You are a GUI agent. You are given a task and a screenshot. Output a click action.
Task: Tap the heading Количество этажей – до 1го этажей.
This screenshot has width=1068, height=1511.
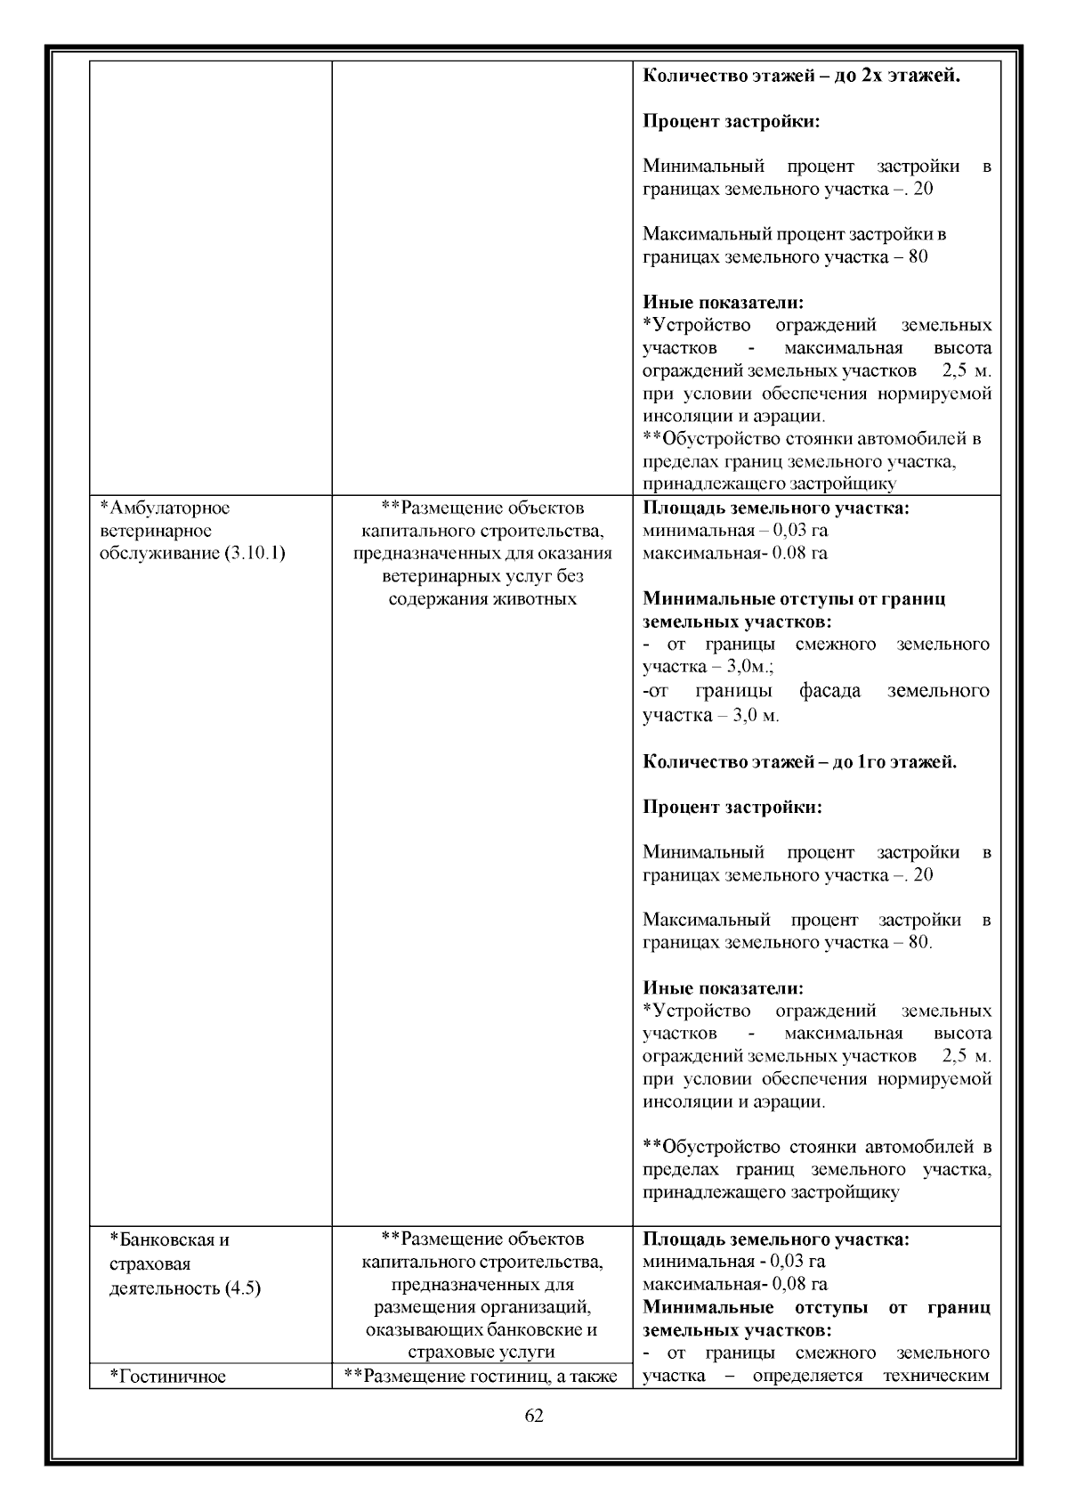point(799,762)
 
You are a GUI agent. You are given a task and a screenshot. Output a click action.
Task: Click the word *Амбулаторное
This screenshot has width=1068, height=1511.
point(165,508)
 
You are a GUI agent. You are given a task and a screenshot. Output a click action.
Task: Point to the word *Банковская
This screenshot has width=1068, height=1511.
point(169,1239)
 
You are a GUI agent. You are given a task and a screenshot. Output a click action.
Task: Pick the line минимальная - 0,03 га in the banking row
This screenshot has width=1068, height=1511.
point(733,1262)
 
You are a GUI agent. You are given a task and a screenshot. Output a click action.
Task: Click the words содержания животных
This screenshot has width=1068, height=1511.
point(482,598)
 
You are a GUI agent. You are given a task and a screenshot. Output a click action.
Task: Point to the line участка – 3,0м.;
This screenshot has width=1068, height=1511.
point(708,667)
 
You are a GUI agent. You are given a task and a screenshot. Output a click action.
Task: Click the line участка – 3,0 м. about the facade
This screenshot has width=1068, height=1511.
point(710,715)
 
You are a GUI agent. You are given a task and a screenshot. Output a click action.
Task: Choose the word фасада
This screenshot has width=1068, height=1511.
point(829,691)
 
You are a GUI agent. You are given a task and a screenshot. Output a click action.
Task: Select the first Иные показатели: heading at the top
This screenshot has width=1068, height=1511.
point(723,303)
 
